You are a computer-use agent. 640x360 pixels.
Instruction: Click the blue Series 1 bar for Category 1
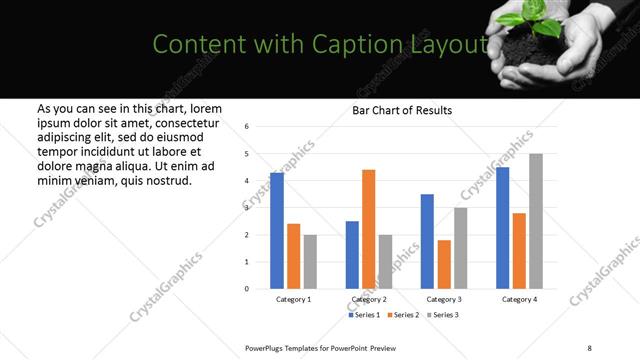tap(277, 231)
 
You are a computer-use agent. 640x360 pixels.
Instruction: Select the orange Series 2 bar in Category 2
tap(368, 229)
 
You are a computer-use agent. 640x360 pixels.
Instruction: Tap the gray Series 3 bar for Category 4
tap(536, 221)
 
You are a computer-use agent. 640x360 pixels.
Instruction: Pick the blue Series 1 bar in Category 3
tap(427, 241)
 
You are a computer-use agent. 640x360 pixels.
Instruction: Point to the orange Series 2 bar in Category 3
tap(444, 264)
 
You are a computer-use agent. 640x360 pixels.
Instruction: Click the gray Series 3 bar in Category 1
tap(310, 262)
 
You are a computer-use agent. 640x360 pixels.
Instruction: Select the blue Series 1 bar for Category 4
tap(502, 228)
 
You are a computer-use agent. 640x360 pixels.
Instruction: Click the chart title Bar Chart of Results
tap(402, 110)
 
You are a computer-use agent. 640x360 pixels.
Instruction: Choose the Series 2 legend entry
tap(402, 315)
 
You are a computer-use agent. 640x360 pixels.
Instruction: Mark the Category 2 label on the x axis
tap(369, 299)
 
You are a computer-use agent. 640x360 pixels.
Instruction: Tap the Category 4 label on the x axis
tap(519, 299)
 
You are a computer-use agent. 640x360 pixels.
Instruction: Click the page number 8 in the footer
tap(589, 347)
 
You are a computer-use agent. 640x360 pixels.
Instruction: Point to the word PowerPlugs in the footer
tap(266, 347)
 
